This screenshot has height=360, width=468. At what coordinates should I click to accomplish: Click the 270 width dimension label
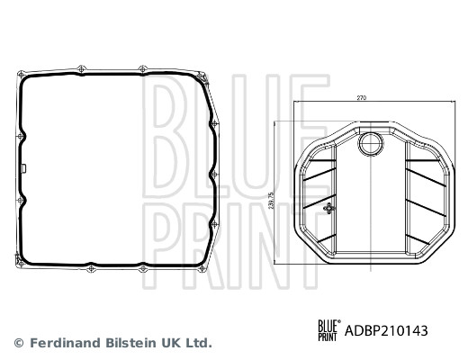(x=362, y=98)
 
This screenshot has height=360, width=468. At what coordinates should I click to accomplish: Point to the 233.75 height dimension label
(x=272, y=201)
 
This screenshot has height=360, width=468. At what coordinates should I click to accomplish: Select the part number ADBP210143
(x=386, y=331)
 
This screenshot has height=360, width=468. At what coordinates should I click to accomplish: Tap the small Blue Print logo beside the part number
(x=329, y=330)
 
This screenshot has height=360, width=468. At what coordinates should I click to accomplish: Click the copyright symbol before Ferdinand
(x=19, y=343)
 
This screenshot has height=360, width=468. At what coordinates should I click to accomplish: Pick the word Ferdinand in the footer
(x=66, y=343)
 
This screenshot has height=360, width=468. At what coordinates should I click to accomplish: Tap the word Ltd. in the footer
(x=198, y=343)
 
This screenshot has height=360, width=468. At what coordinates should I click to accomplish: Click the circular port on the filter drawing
(x=372, y=144)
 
